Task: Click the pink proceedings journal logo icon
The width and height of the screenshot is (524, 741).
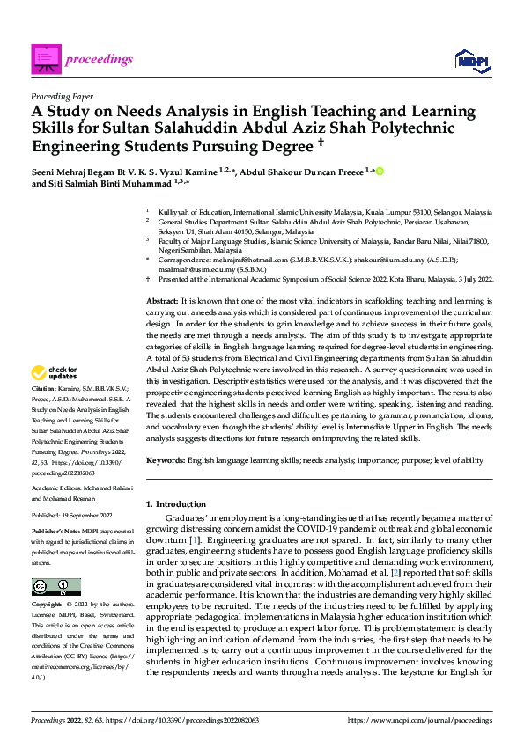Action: tap(46, 59)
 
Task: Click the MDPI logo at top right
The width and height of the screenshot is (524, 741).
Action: tap(473, 59)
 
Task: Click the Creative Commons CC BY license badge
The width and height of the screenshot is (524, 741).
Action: tap(56, 586)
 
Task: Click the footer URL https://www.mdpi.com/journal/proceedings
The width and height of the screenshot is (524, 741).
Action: tap(420, 719)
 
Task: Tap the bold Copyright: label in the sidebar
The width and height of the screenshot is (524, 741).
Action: tap(47, 605)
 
